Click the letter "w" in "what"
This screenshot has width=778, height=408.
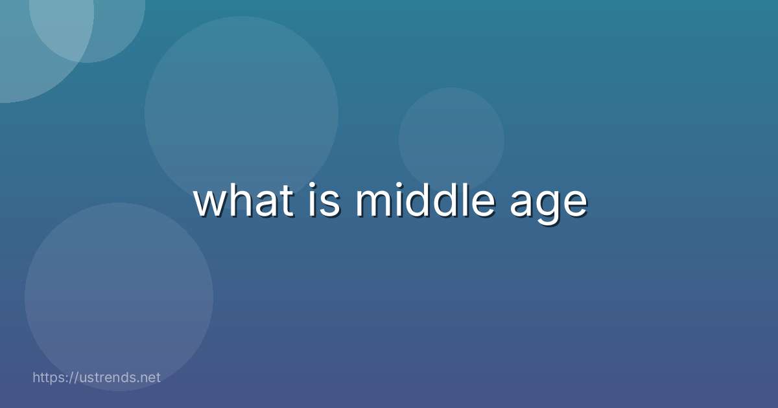pyautogui.click(x=209, y=203)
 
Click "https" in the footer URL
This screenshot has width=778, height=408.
pyautogui.click(x=49, y=378)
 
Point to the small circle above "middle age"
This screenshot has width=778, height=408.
pyautogui.click(x=451, y=140)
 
